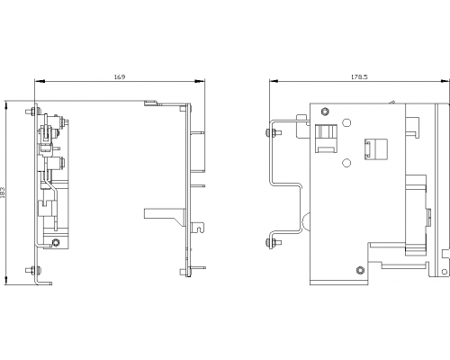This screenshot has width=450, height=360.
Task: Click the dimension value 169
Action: tap(120, 76)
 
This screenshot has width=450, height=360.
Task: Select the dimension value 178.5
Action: tap(359, 76)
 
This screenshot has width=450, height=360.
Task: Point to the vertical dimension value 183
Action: tap(3, 193)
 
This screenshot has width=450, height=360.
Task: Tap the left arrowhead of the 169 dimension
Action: tap(40, 81)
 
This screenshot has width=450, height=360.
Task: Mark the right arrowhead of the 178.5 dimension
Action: tap(445, 81)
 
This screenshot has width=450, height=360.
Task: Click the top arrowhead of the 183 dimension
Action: tap(6, 106)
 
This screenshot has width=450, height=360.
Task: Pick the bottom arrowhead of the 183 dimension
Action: tap(6, 280)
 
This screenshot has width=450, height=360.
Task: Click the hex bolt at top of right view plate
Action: tap(324, 112)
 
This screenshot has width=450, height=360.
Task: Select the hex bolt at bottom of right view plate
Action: tap(359, 270)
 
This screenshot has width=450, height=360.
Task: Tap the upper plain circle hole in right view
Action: tap(346, 122)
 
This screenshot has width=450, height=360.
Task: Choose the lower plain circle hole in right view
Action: tap(346, 163)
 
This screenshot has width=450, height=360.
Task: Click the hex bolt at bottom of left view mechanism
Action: tap(55, 242)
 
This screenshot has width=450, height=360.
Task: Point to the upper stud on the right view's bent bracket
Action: tap(274, 132)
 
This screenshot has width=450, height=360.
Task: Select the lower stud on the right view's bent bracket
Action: tap(274, 243)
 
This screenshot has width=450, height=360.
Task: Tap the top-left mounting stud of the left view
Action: tap(32, 112)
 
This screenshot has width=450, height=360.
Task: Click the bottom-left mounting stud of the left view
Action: tap(32, 270)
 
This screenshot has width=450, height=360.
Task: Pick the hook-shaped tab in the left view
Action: tap(198, 226)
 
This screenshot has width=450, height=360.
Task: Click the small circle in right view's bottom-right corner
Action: tap(445, 272)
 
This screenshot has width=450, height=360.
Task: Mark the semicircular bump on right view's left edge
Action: tap(306, 221)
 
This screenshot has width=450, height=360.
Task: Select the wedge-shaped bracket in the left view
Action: tap(165, 217)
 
